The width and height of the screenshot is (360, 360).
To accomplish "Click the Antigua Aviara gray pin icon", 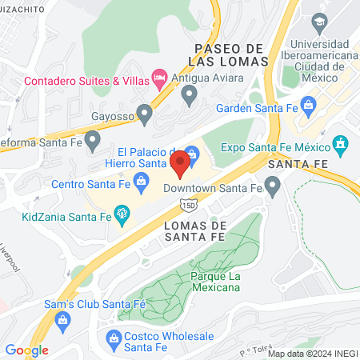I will pyautogui.click(x=190, y=95).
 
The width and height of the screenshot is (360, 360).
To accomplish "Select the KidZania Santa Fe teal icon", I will pyautogui.click(x=122, y=214).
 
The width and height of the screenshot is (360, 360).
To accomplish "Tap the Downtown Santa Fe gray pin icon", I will pyautogui.click(x=274, y=189).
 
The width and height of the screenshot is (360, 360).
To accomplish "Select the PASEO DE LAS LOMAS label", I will pyautogui.click(x=227, y=54).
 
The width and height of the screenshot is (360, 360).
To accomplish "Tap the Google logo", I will pyautogui.click(x=26, y=350).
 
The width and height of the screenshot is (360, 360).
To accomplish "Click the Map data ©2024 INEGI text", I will pyautogui.click(x=311, y=353).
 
